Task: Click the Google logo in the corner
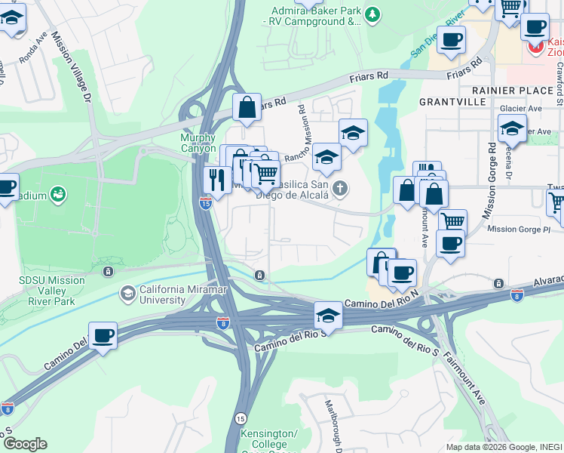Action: coord(25,444)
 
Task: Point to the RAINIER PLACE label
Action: coord(520,91)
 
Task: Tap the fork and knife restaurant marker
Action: coord(216,180)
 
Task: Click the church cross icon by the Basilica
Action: coord(341,188)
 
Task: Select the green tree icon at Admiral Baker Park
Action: coord(372,14)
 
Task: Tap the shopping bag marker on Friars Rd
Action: coord(247,108)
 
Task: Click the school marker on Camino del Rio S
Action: coord(328,314)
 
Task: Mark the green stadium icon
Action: coord(57,196)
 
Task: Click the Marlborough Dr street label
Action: coord(334,423)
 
